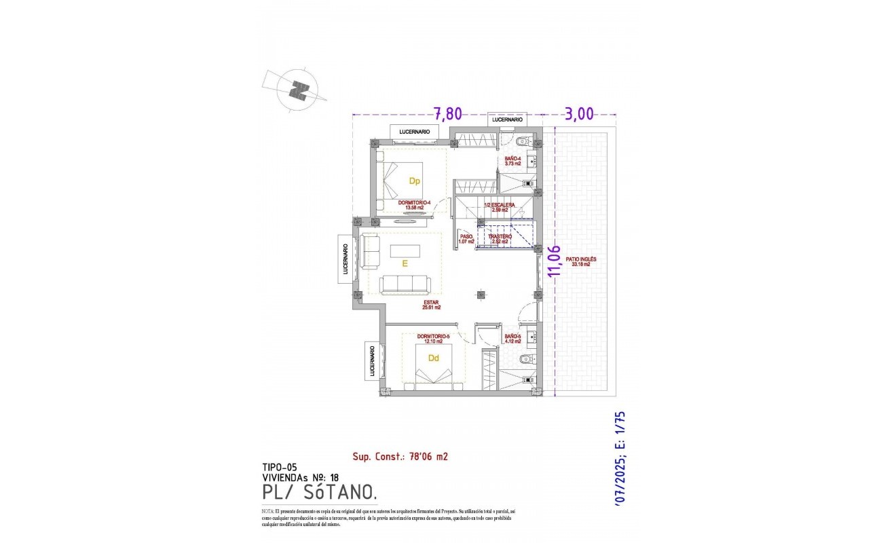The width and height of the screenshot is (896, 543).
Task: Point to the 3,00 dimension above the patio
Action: point(579,113)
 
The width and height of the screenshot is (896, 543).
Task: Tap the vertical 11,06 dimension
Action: point(555,261)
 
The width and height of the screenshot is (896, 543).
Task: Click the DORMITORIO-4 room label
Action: point(414,205)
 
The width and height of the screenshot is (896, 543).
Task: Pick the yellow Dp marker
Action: point(414,181)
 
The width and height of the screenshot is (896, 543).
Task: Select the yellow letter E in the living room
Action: point(405,265)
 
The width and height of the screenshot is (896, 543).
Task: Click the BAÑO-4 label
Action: point(512,160)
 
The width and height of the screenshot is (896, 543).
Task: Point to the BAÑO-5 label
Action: point(512,339)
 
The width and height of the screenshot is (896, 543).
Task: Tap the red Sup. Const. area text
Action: point(400,457)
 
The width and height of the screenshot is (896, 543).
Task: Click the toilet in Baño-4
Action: point(524,142)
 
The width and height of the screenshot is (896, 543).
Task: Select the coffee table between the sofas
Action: point(405,251)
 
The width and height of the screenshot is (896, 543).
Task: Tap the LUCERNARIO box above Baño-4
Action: point(508,119)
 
